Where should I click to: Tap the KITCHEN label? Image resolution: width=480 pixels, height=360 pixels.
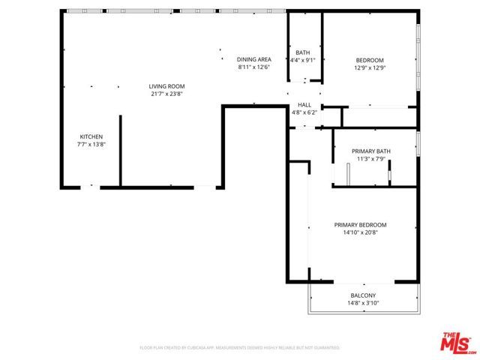[x=91, y=136]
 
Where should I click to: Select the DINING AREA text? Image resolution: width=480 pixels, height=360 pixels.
[x=253, y=59]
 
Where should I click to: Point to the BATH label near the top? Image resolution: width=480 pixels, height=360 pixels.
[x=302, y=52]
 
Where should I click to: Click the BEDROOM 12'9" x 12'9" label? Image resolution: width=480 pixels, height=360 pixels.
[x=370, y=60]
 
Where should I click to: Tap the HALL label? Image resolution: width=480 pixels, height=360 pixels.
[x=304, y=105]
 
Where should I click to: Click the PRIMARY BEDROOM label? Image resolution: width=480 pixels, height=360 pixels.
[x=360, y=225]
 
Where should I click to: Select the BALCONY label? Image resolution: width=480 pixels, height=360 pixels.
[x=362, y=295]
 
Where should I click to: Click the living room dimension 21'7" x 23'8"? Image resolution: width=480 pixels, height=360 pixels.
[x=166, y=94]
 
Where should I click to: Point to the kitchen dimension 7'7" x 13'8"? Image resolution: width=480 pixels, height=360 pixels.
[x=91, y=144]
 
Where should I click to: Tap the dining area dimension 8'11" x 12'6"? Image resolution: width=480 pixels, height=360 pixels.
[x=253, y=67]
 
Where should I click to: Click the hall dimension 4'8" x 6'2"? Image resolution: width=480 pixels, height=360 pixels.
[x=304, y=112]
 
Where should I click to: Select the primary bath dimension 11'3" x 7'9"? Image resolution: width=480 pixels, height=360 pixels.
[x=370, y=159]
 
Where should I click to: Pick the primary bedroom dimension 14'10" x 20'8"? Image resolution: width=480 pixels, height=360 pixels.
[x=360, y=232]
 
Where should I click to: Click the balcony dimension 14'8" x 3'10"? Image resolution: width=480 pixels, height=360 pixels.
[x=362, y=303]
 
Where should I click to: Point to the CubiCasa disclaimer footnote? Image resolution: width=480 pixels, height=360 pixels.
[x=240, y=348]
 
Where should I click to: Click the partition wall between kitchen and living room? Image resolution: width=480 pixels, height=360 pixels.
[x=120, y=150]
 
